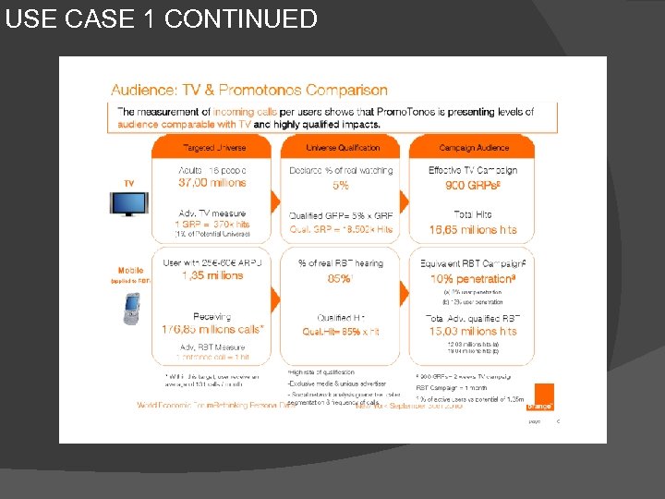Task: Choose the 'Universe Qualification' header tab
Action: [x=343, y=148]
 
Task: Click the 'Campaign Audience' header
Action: [x=472, y=148]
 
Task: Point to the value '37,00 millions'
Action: [x=212, y=184]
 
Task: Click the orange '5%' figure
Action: [x=341, y=186]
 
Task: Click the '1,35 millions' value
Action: [x=212, y=275]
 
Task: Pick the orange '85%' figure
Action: [x=341, y=278]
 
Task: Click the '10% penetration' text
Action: [x=472, y=278]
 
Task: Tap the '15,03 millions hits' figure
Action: [x=473, y=331]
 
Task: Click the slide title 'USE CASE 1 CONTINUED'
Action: [x=161, y=18]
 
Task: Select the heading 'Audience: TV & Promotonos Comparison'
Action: [x=249, y=91]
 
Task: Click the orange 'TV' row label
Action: [x=128, y=183]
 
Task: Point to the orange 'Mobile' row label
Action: [x=130, y=271]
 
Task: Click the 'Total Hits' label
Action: [x=472, y=215]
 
